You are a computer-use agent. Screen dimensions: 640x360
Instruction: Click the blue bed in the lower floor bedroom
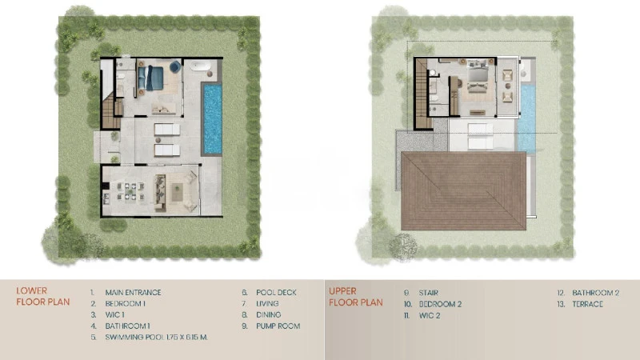tap(151, 78)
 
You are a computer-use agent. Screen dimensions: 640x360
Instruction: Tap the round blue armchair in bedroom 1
tap(175, 66)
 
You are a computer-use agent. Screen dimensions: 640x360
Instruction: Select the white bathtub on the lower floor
tap(200, 66)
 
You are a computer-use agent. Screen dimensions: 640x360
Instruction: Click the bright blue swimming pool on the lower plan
tap(212, 118)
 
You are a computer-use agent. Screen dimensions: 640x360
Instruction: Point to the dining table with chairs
tap(130, 191)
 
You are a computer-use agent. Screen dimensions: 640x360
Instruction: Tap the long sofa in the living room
tap(160, 193)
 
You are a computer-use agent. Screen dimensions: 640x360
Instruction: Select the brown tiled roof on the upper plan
tap(463, 191)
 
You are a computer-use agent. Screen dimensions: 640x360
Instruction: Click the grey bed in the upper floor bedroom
tap(478, 76)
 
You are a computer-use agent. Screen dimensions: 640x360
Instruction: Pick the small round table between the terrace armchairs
tap(508, 86)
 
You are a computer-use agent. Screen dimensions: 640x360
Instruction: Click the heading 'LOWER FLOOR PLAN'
tap(43, 296)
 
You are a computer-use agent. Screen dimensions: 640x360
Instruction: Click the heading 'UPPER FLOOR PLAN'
tap(356, 297)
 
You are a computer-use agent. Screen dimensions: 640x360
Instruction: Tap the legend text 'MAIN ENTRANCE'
tap(133, 292)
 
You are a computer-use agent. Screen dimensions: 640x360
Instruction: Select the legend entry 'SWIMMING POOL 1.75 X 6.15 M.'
tap(156, 337)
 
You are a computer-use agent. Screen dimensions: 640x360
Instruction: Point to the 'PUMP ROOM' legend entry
tap(278, 326)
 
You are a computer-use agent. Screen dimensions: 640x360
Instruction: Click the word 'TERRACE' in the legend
tap(587, 304)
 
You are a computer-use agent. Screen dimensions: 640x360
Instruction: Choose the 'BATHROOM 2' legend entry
tap(595, 293)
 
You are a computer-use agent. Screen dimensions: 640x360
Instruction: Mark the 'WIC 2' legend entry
tap(430, 315)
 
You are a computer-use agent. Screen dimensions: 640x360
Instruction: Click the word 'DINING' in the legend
tap(269, 314)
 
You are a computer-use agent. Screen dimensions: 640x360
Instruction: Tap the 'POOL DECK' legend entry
tap(276, 292)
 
